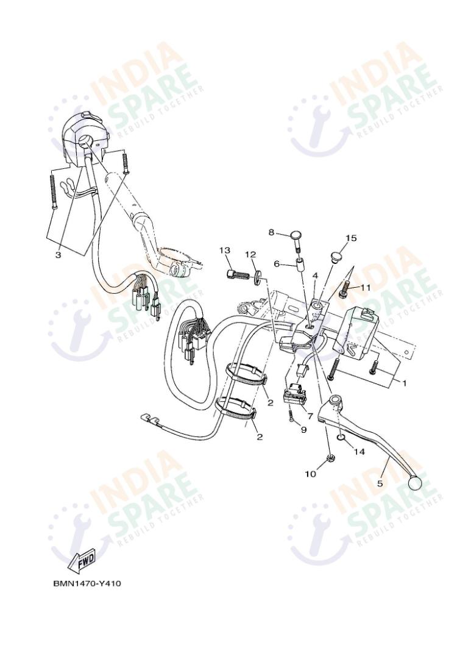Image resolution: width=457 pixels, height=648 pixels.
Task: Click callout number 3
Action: (x=58, y=255)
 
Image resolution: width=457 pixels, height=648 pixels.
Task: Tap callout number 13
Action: (x=225, y=250)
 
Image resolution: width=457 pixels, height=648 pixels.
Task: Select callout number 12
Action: (x=250, y=254)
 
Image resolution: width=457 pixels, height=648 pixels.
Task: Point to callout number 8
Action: (x=272, y=232)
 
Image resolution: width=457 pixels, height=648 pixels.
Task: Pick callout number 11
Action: (x=365, y=287)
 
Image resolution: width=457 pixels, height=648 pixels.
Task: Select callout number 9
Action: (x=303, y=429)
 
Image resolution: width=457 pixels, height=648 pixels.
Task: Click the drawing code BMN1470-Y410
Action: (x=86, y=583)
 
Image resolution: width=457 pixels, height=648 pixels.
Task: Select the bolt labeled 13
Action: (x=238, y=274)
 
